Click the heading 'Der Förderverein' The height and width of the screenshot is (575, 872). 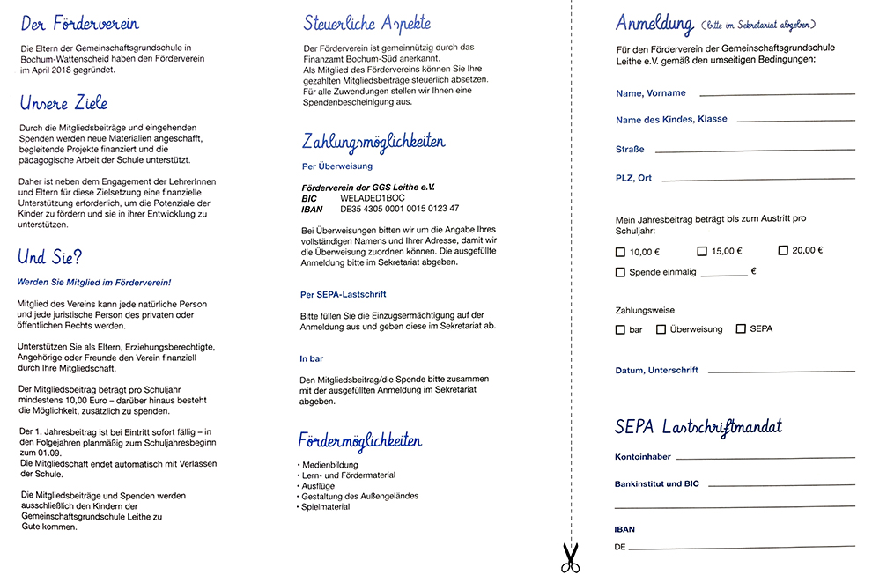click(79, 24)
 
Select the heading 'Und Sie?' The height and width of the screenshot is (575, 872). click(50, 258)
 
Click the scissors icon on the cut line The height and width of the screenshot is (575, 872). click(570, 557)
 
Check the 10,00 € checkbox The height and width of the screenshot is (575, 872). click(620, 252)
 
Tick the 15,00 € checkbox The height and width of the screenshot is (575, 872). click(702, 252)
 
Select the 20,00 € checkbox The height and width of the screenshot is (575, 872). click(783, 251)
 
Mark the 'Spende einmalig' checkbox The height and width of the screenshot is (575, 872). click(620, 273)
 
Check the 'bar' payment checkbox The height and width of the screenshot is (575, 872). click(620, 329)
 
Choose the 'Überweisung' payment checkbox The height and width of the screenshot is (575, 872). click(661, 329)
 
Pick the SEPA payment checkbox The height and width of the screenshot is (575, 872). click(741, 329)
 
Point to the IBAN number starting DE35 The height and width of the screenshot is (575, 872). click(399, 209)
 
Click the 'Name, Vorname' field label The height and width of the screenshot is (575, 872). click(650, 93)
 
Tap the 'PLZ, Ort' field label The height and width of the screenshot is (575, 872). click(633, 178)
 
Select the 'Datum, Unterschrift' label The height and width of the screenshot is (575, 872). click(656, 371)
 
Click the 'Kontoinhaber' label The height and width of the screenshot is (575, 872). click(643, 458)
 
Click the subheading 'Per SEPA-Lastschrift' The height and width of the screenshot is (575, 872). click(344, 294)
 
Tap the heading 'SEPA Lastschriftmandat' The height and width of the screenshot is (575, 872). click(698, 428)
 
